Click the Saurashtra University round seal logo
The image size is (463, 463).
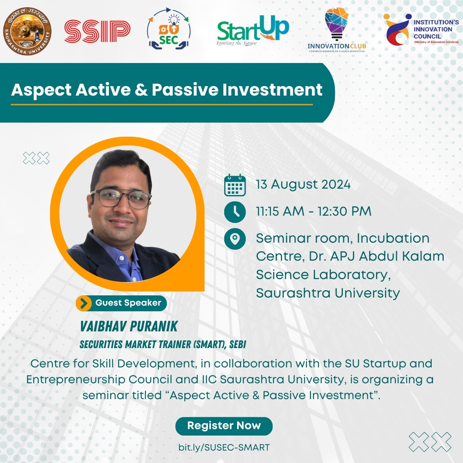tap(27, 31)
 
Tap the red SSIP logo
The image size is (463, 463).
tap(97, 31)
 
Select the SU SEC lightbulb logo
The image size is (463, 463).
tap(168, 29)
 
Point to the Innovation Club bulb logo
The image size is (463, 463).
tap(337, 30)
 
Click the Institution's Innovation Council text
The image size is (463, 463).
tap(436, 29)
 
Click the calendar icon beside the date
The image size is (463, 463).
tap(235, 185)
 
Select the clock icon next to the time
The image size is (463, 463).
tap(235, 212)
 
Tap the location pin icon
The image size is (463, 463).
tap(235, 239)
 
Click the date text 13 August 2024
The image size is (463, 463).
tap(303, 184)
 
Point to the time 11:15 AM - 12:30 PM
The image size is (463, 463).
tap(313, 211)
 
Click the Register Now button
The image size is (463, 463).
tap(224, 426)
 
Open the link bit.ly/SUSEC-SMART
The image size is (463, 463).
tap(224, 447)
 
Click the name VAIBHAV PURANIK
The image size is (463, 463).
tap(129, 326)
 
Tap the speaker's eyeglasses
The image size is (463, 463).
tap(121, 198)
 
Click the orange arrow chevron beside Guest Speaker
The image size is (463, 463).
tap(84, 303)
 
